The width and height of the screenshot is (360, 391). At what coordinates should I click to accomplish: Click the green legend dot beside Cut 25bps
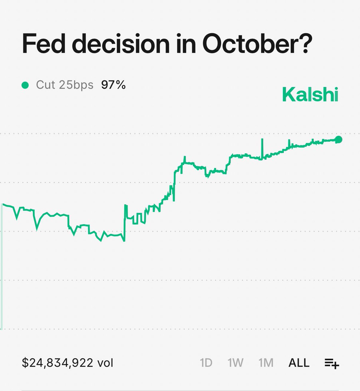click(x=25, y=85)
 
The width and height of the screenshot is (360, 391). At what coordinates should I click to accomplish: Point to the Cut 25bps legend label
click(x=64, y=85)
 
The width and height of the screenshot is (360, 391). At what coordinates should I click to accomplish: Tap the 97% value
click(x=113, y=85)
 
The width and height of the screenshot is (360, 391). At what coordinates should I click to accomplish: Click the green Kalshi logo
click(x=310, y=94)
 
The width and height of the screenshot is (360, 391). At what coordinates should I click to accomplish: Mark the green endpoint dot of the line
click(x=339, y=139)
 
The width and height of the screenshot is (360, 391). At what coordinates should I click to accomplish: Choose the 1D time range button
click(x=206, y=363)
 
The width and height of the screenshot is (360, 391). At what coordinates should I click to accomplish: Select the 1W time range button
click(x=235, y=363)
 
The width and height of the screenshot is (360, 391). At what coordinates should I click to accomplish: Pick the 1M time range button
click(x=266, y=363)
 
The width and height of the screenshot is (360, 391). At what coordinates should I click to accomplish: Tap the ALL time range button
click(x=299, y=363)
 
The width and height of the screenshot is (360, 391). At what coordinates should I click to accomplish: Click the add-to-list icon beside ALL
click(x=332, y=363)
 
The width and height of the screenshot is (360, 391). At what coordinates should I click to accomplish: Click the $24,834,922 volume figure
click(x=58, y=363)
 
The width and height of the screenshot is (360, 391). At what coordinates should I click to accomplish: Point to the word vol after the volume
click(x=105, y=363)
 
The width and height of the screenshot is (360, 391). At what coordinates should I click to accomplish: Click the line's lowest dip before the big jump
click(x=124, y=241)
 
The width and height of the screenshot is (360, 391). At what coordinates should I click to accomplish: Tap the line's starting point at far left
click(x=3, y=204)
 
